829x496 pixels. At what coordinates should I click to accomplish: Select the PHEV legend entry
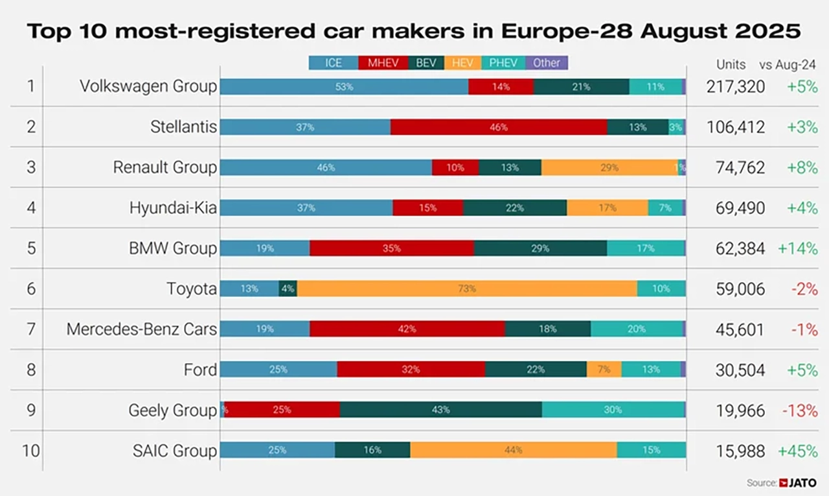coord(504,63)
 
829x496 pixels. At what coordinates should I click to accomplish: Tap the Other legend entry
coord(547,63)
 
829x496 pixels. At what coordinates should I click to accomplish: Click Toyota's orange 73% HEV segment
coord(467,289)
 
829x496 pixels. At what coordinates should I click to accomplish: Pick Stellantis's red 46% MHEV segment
coord(499,127)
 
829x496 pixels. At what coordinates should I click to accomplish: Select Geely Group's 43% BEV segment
coord(440,410)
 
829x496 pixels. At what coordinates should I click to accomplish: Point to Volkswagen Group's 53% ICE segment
coord(344,87)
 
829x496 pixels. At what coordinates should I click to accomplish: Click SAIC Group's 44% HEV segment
coord(514,450)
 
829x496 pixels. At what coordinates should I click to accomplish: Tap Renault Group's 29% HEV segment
coord(609,167)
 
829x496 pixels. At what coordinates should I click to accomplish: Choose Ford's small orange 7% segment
coord(604,370)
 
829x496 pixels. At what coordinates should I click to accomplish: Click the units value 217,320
coord(736,87)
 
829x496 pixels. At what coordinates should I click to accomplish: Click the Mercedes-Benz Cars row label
coord(141,329)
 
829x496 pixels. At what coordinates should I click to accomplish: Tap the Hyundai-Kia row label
coord(173,208)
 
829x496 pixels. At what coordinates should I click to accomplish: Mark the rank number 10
coord(30,451)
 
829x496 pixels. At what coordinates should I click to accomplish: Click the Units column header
coord(731,65)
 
